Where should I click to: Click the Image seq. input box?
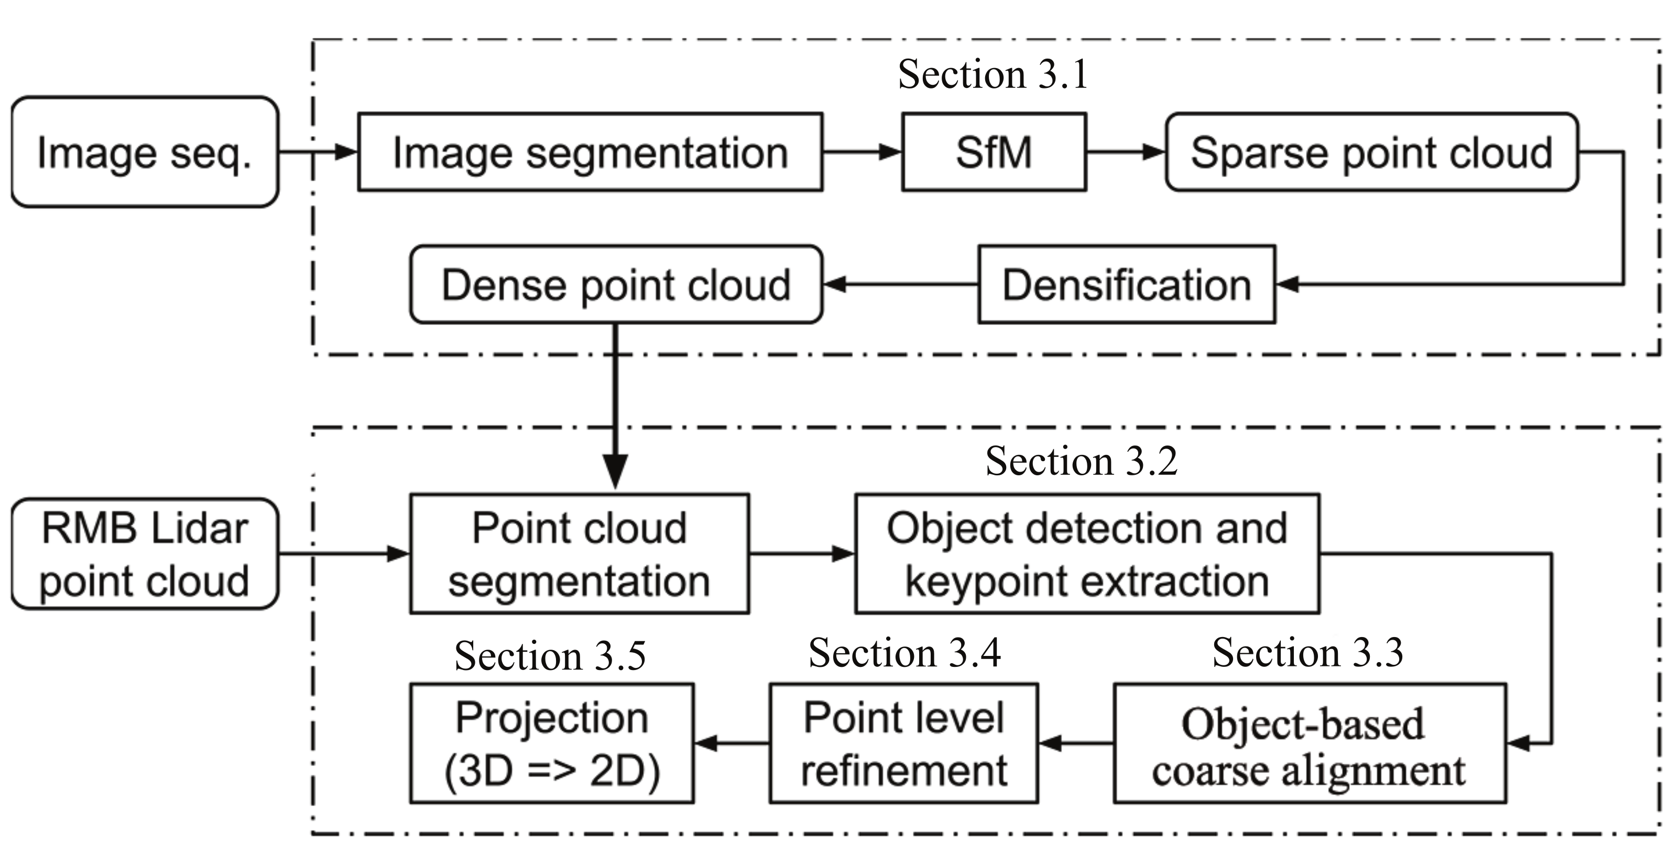145,152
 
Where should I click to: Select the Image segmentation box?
590,152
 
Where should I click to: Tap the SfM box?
994,152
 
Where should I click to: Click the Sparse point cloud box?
1371,152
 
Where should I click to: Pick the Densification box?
1126,285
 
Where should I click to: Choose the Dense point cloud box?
616,285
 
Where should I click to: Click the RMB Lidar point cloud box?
145,554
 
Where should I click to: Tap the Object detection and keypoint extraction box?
1086,554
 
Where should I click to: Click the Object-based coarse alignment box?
1309,743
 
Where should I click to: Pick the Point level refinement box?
903,743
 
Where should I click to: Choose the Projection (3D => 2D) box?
551,743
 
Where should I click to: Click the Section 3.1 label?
993,74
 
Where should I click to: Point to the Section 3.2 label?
1081,461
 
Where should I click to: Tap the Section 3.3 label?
1307,653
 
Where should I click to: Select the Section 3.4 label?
904,653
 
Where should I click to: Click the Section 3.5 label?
550,655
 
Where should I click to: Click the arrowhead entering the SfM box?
890,152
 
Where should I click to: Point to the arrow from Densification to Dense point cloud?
899,285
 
